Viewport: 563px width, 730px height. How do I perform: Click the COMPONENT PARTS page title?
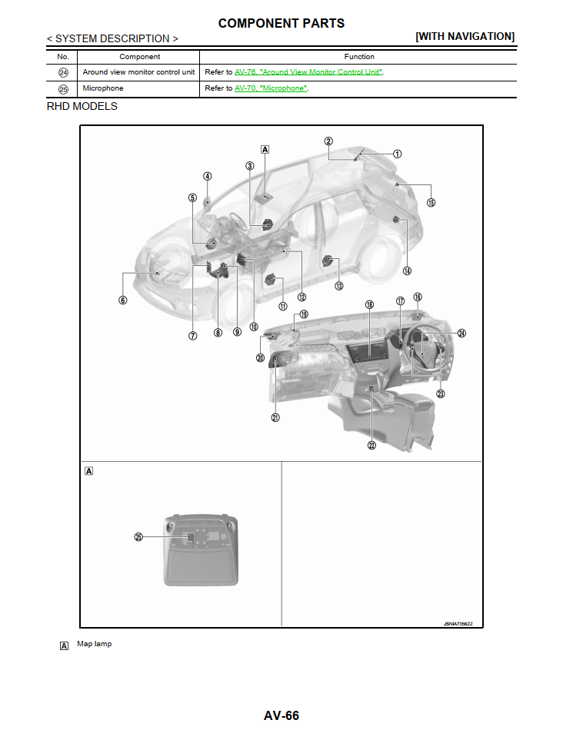[x=281, y=23]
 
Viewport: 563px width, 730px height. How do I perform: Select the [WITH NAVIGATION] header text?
[x=465, y=36]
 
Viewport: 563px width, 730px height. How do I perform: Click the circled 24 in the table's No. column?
[x=63, y=72]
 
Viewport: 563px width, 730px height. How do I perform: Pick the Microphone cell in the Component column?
[x=102, y=88]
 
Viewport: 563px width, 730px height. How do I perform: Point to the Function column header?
[x=359, y=56]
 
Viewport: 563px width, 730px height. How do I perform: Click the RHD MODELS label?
[x=82, y=106]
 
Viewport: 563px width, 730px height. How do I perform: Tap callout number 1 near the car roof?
[x=397, y=154]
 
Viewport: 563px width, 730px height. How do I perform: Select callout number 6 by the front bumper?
[x=123, y=300]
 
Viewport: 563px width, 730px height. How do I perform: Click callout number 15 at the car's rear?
[x=431, y=203]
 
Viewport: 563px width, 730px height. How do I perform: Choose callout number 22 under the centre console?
[x=371, y=445]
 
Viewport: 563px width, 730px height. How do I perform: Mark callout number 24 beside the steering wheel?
[x=461, y=333]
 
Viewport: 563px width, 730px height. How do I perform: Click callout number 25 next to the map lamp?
[x=139, y=537]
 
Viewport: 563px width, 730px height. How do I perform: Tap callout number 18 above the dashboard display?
[x=369, y=305]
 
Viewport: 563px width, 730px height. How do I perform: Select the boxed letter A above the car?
[x=265, y=149]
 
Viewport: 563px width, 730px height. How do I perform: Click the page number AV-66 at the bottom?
[x=281, y=715]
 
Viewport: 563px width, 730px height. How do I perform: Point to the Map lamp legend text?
[x=94, y=644]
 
